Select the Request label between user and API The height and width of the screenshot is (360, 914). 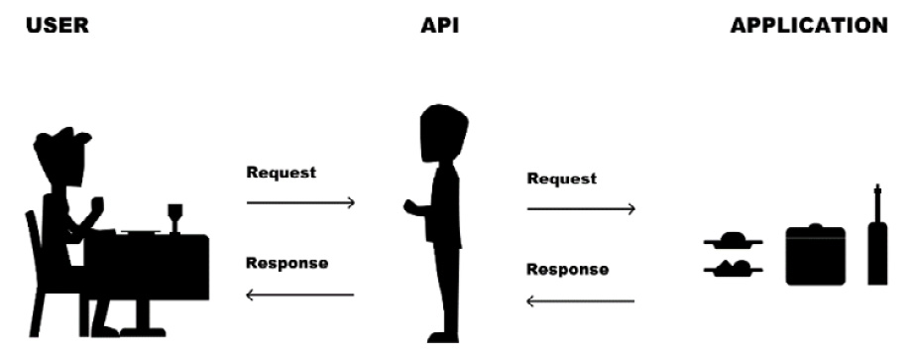tap(282, 173)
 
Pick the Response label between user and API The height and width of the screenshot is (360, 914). tap(286, 264)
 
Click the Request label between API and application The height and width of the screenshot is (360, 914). tap(562, 180)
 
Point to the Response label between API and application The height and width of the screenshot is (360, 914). tap(567, 269)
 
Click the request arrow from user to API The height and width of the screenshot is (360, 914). tap(300, 203)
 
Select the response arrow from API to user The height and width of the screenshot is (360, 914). tap(300, 295)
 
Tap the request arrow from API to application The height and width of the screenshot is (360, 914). tap(581, 209)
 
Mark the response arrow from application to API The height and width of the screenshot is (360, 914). tap(581, 300)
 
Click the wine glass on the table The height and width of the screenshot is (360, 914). tap(175, 216)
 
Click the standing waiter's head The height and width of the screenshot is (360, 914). tap(442, 133)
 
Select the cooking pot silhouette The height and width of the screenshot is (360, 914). tap(815, 255)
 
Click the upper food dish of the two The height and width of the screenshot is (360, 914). tap(734, 240)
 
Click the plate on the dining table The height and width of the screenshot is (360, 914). tap(141, 232)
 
